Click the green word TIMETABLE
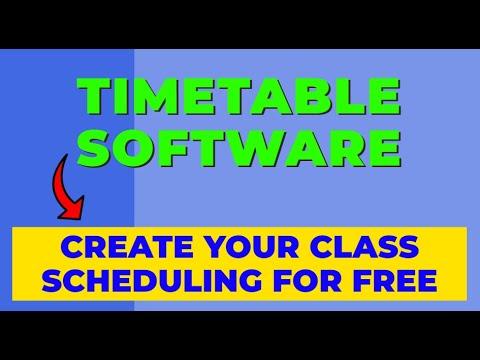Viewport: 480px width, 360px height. (240, 98)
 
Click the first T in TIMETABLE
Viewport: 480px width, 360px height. (95, 98)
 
